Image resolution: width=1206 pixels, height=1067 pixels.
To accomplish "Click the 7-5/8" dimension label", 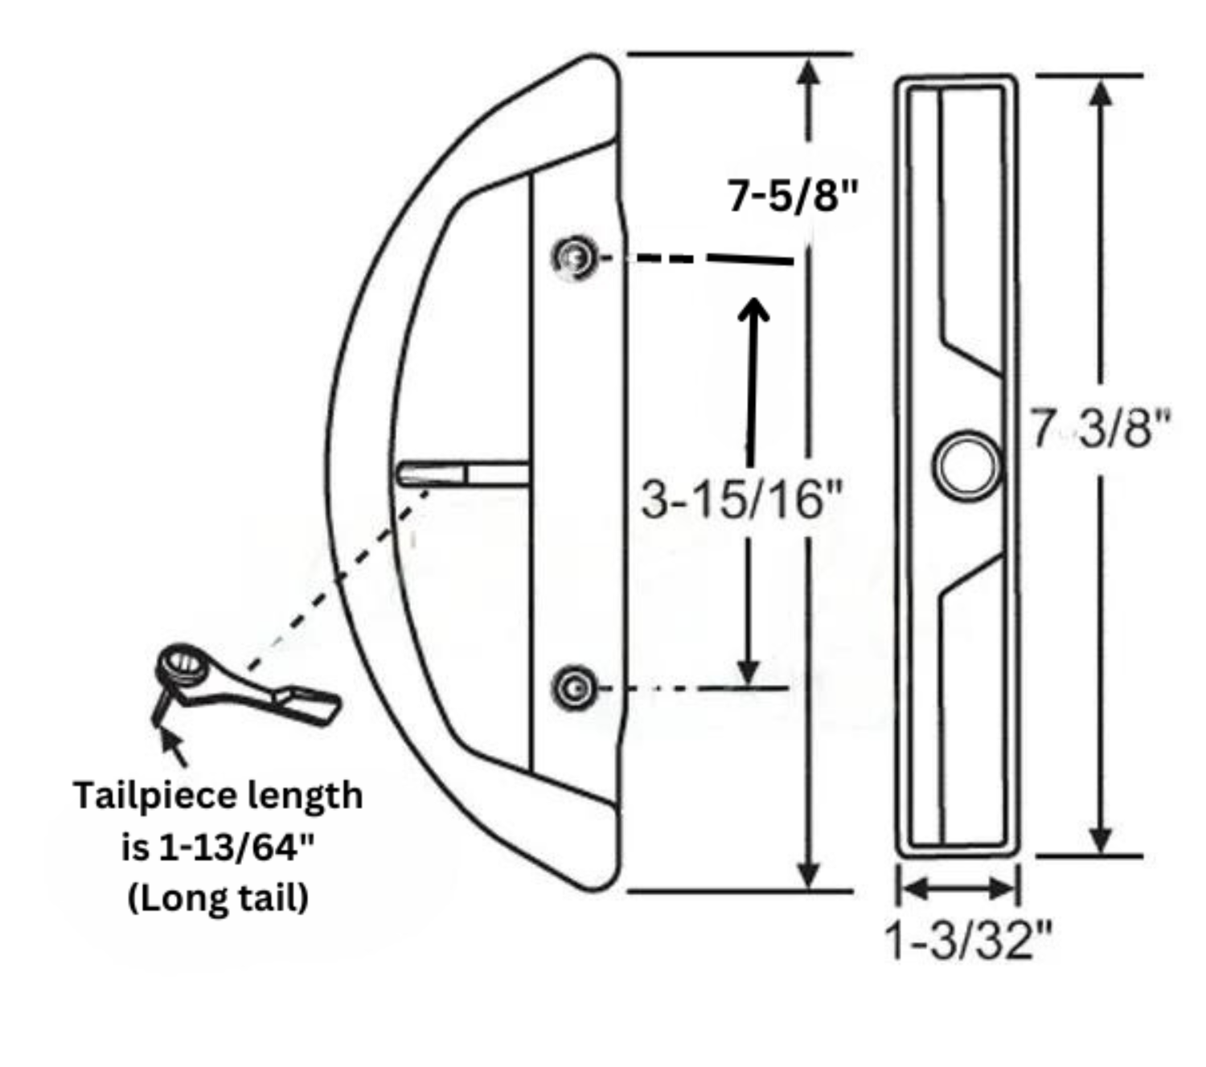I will tap(793, 195).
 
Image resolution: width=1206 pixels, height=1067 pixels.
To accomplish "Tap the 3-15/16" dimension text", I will tap(741, 499).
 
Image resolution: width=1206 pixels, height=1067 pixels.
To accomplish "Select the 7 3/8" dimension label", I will tap(1100, 428).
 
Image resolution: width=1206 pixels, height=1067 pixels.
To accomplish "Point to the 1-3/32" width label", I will tap(967, 939).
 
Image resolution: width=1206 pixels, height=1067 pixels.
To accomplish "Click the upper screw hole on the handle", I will tap(574, 258).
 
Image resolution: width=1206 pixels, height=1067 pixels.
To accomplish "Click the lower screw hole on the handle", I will tap(574, 688).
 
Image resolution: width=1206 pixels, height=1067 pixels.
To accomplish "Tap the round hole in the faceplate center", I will tap(967, 466).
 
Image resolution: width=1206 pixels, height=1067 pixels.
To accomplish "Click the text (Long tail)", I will tap(218, 897).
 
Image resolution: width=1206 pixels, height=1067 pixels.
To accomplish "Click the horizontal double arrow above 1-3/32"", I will tap(958, 888).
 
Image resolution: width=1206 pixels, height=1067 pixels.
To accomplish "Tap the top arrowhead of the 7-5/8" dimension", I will tap(808, 72).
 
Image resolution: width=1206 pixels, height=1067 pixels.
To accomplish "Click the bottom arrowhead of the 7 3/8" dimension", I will tap(1100, 838).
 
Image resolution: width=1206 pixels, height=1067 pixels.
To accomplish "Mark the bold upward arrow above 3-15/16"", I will tap(753, 378).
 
